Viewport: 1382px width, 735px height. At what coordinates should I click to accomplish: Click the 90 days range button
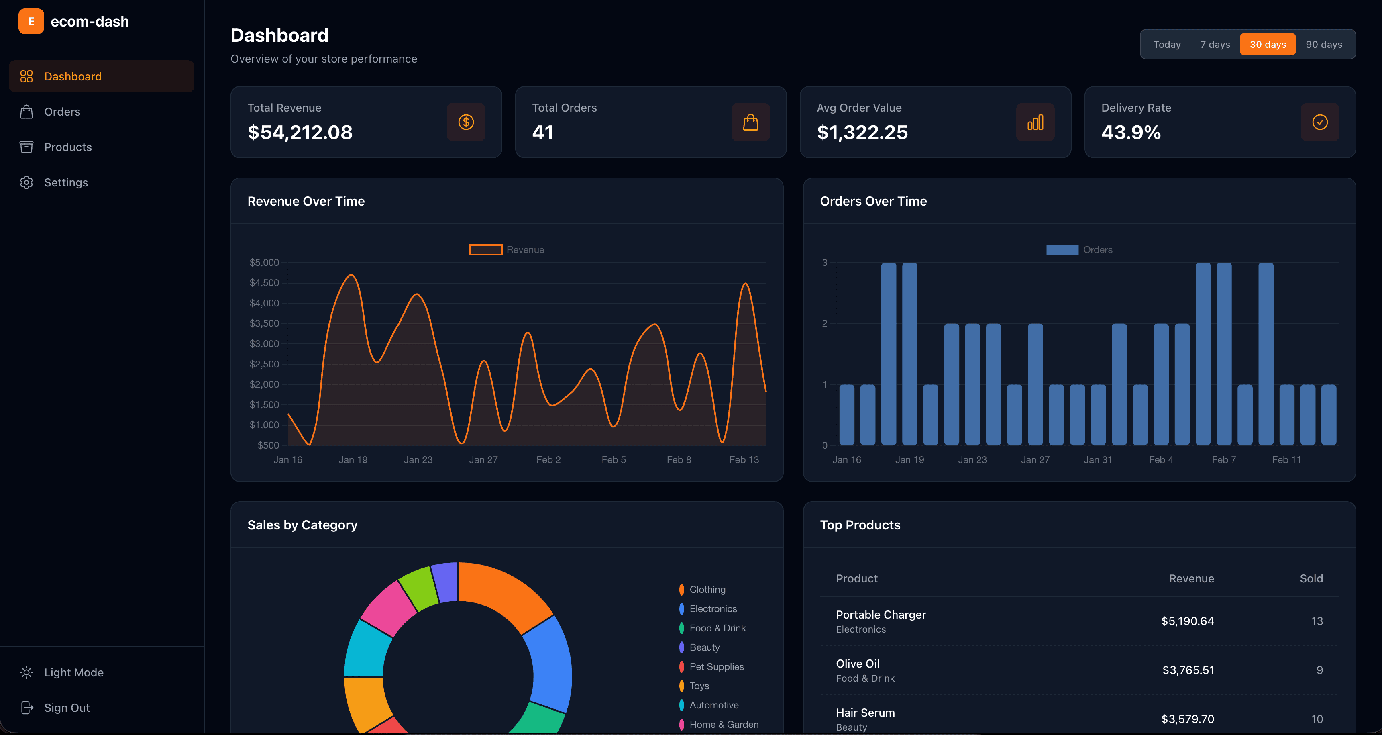[1323, 45]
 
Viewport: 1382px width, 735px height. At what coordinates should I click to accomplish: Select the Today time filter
[1167, 45]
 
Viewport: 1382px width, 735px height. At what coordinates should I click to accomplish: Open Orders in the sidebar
[62, 112]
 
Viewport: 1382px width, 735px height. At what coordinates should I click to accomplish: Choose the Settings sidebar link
[65, 182]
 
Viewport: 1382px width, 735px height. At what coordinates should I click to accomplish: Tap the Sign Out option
[67, 708]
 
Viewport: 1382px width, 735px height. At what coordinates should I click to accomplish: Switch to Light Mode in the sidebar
[73, 672]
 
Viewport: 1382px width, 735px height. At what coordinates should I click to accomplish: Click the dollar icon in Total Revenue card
[466, 122]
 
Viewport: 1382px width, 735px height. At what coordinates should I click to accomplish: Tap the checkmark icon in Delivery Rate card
[1320, 122]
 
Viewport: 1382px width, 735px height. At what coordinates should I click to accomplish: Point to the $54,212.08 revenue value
[300, 133]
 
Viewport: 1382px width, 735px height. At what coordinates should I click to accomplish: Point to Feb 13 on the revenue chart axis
[744, 460]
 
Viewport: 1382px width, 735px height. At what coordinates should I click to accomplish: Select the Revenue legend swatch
[485, 250]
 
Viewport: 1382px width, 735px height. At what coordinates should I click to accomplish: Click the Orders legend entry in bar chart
[1079, 250]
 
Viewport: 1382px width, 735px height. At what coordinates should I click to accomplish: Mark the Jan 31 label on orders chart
[1098, 460]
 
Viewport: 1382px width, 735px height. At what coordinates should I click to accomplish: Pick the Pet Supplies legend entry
[716, 666]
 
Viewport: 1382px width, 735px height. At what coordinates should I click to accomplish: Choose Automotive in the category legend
[713, 705]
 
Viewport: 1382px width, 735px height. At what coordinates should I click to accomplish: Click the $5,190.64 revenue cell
[1187, 621]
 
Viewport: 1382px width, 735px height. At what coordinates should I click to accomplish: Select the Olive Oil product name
[857, 664]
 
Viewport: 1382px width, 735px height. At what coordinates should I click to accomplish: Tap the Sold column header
[1311, 578]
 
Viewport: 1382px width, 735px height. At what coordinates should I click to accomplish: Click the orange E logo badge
[31, 21]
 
